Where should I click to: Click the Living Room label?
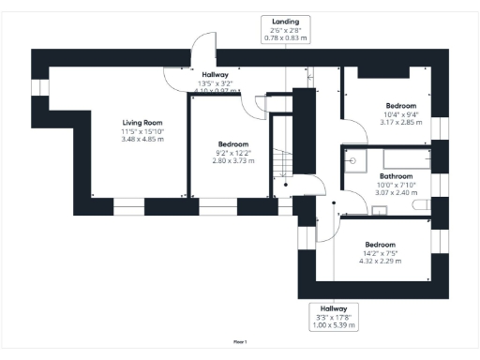click(x=142, y=122)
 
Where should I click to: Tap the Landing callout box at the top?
click(x=286, y=29)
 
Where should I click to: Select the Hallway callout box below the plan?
click(x=333, y=316)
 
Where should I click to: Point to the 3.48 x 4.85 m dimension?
click(x=142, y=139)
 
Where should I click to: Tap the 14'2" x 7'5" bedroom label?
click(x=382, y=252)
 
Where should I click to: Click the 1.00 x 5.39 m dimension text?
click(x=333, y=324)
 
